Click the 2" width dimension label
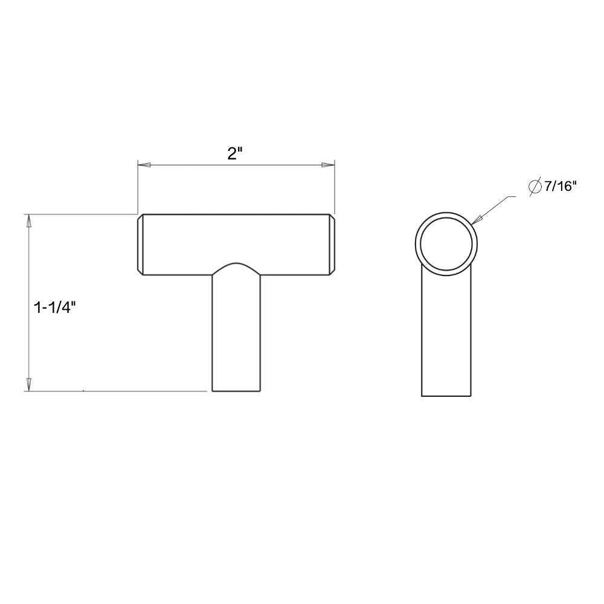click(235, 153)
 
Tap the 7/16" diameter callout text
click(561, 187)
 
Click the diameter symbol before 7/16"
click(535, 187)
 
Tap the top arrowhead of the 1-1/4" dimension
click(28, 220)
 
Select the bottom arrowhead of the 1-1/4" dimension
click(28, 384)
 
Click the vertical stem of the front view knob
click(236, 338)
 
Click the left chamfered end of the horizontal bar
click(140, 245)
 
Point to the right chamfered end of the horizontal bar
click(332, 245)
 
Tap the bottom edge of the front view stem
click(236, 391)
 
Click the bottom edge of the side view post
click(446, 396)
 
